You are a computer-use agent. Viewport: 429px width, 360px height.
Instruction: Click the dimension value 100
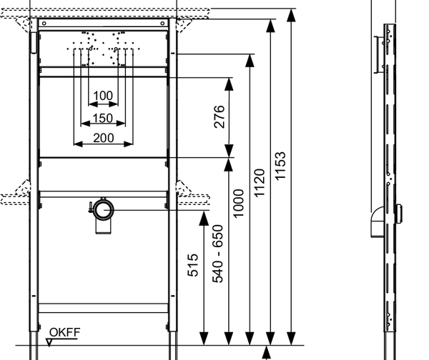click(x=104, y=96)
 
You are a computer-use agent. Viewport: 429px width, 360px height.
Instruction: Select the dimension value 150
click(x=104, y=117)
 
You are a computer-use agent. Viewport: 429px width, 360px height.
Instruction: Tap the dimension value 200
click(x=104, y=136)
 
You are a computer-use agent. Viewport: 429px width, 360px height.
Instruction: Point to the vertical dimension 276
click(x=219, y=116)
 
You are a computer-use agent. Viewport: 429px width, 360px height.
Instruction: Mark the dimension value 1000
click(x=239, y=203)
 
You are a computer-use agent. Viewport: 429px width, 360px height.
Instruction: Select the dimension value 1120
click(x=260, y=183)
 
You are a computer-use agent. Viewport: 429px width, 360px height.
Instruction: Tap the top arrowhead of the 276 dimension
click(x=229, y=79)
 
